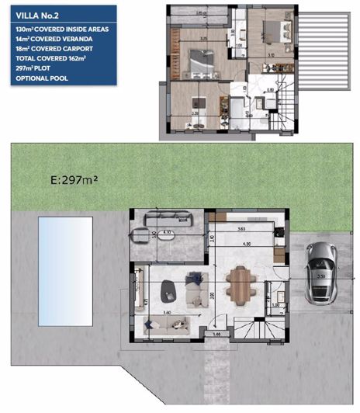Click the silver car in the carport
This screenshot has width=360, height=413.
tap(319, 272)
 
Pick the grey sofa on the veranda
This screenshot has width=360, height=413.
tap(163, 217)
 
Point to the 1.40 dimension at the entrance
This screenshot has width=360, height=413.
tap(216, 334)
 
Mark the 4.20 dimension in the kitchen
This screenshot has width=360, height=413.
tap(247, 245)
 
